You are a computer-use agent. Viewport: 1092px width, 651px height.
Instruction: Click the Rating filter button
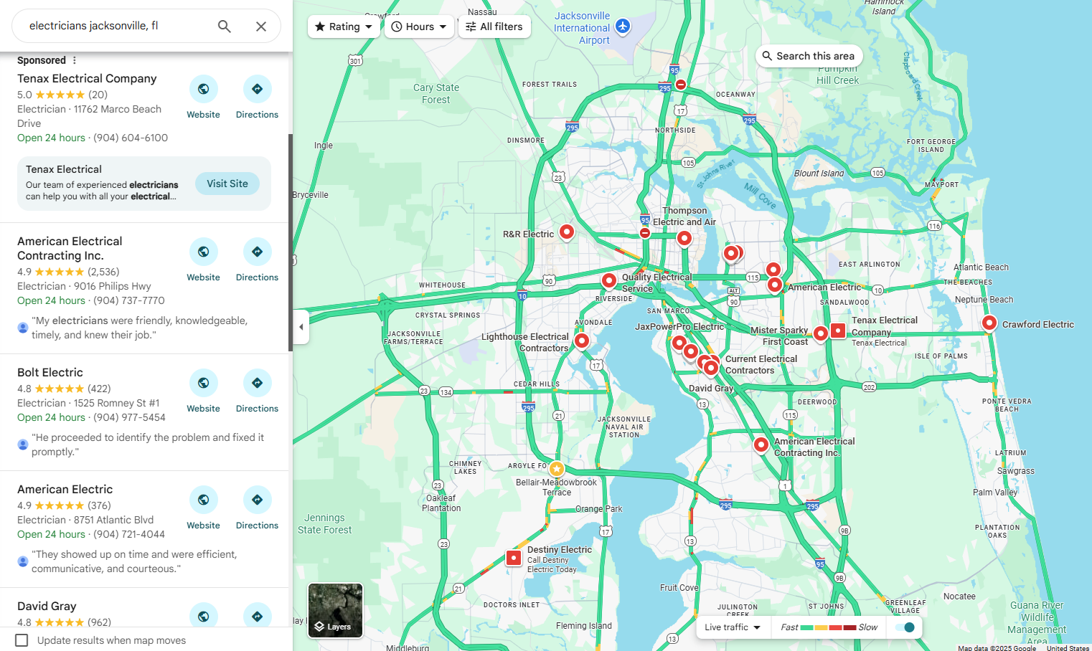(344, 27)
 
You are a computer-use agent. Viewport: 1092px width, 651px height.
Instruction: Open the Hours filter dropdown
(419, 27)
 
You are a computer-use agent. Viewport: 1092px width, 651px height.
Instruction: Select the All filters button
(494, 27)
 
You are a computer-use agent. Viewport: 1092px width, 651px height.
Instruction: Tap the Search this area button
(808, 56)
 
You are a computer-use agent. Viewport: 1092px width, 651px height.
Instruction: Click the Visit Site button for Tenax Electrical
(227, 184)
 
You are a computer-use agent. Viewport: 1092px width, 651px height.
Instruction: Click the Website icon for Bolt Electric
(204, 384)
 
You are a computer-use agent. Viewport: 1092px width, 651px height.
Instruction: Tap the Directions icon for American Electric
(257, 500)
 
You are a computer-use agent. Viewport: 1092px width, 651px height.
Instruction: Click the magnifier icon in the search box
(225, 27)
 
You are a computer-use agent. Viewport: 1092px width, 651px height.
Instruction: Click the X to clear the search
(261, 27)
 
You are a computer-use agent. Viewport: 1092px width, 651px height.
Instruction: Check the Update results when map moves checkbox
(22, 640)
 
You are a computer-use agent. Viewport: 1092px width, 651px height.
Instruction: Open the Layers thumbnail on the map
(335, 610)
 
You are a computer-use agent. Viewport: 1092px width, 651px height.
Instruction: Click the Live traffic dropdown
(733, 627)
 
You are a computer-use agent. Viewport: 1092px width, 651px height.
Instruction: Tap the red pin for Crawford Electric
(989, 323)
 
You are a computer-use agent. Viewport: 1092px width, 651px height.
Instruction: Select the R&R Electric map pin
(567, 232)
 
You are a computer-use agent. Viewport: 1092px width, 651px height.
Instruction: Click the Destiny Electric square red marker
(514, 558)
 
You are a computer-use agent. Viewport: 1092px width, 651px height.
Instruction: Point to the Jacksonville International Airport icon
(623, 27)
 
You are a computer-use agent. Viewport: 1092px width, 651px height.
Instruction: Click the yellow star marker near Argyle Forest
(557, 469)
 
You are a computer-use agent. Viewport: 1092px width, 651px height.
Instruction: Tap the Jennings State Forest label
(324, 523)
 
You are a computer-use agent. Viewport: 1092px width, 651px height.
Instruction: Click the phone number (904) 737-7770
(129, 300)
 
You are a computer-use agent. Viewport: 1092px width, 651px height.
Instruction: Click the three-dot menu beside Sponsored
(74, 60)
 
